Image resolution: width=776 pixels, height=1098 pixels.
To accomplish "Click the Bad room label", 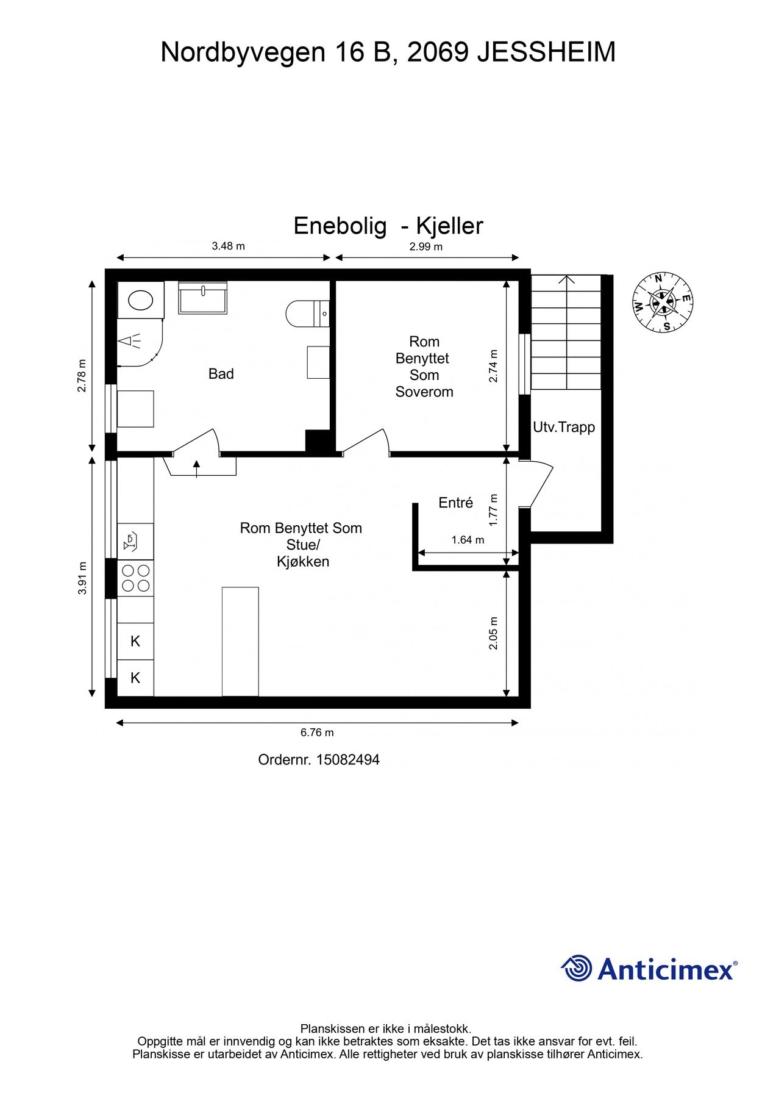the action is (x=221, y=374).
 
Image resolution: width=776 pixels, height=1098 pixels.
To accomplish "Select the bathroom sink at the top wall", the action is (x=202, y=298).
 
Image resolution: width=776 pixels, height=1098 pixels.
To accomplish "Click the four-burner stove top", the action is (x=135, y=578).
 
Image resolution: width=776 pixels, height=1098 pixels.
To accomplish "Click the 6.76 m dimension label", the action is (x=317, y=733).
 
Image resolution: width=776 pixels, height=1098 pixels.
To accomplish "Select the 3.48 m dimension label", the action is (x=228, y=246).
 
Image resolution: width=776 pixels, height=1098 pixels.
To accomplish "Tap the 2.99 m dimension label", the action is (x=425, y=247).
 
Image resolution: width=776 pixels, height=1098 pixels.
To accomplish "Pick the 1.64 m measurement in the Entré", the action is (x=468, y=540).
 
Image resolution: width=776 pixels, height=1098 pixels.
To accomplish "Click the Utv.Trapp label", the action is (x=564, y=427).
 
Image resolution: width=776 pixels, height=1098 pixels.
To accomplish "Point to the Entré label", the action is (x=456, y=503).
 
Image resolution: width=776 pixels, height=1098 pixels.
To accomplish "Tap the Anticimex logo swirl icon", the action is (x=576, y=969).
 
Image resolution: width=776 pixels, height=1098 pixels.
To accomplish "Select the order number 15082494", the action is (x=348, y=759).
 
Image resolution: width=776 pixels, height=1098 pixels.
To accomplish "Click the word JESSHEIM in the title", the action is (x=546, y=52).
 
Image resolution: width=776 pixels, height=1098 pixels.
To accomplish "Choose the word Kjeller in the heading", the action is (x=449, y=226).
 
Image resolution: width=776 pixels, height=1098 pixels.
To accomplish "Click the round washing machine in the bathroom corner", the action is (x=141, y=300).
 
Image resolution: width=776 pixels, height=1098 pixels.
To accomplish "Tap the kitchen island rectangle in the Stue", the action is (x=240, y=642).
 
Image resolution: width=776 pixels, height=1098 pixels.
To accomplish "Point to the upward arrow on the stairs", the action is (x=568, y=332).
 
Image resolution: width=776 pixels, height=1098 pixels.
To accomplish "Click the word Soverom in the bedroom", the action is (x=424, y=392).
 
